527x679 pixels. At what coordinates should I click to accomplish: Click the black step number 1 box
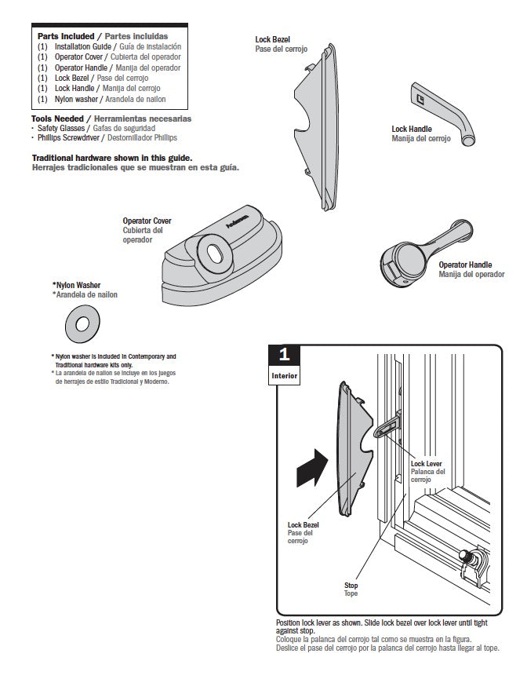click(284, 355)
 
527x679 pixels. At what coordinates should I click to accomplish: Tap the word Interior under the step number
click(284, 375)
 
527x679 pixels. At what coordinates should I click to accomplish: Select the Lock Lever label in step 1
click(426, 463)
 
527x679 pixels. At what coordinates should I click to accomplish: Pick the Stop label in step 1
click(351, 586)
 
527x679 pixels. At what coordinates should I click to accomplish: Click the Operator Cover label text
click(147, 221)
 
